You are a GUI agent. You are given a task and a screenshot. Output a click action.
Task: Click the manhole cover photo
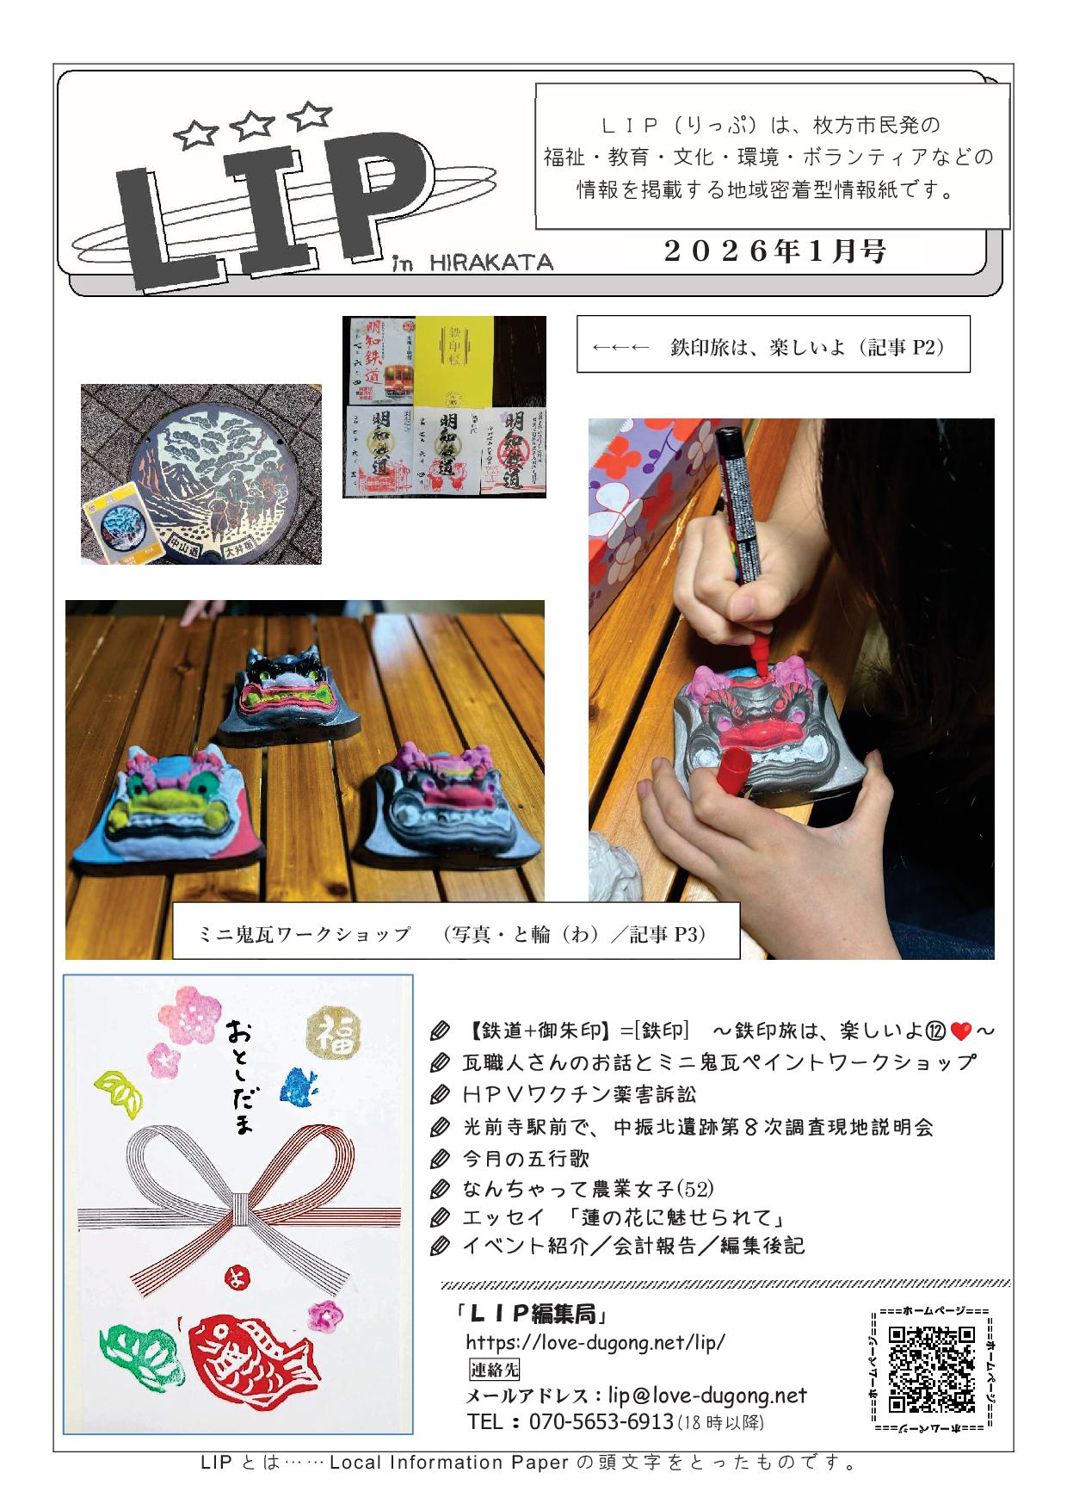(201, 473)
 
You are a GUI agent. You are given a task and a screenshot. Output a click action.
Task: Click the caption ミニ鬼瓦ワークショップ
(305, 935)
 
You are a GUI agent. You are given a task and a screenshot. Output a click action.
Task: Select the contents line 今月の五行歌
(525, 1158)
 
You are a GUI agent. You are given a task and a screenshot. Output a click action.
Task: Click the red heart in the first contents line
(961, 1030)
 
